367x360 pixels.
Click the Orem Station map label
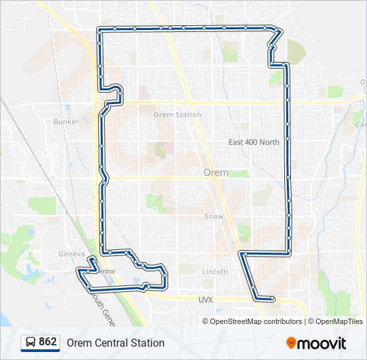[x=177, y=115]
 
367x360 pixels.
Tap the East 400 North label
[x=254, y=142]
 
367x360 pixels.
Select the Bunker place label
[x=66, y=122]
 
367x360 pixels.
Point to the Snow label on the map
[x=214, y=217]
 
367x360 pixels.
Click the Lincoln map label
[x=215, y=271]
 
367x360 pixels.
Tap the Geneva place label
[x=72, y=254]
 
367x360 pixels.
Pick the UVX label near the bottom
[x=205, y=300]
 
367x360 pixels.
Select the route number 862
[x=48, y=342]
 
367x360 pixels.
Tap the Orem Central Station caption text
[x=115, y=343]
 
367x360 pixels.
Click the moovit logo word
[x=322, y=343]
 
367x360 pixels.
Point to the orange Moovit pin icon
[x=292, y=343]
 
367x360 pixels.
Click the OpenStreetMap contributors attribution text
[x=256, y=321]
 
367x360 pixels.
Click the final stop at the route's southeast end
[x=272, y=299]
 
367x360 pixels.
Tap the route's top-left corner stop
[x=99, y=29]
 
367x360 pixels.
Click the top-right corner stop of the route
[x=275, y=29]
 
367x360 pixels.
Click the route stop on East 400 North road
[x=288, y=139]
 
